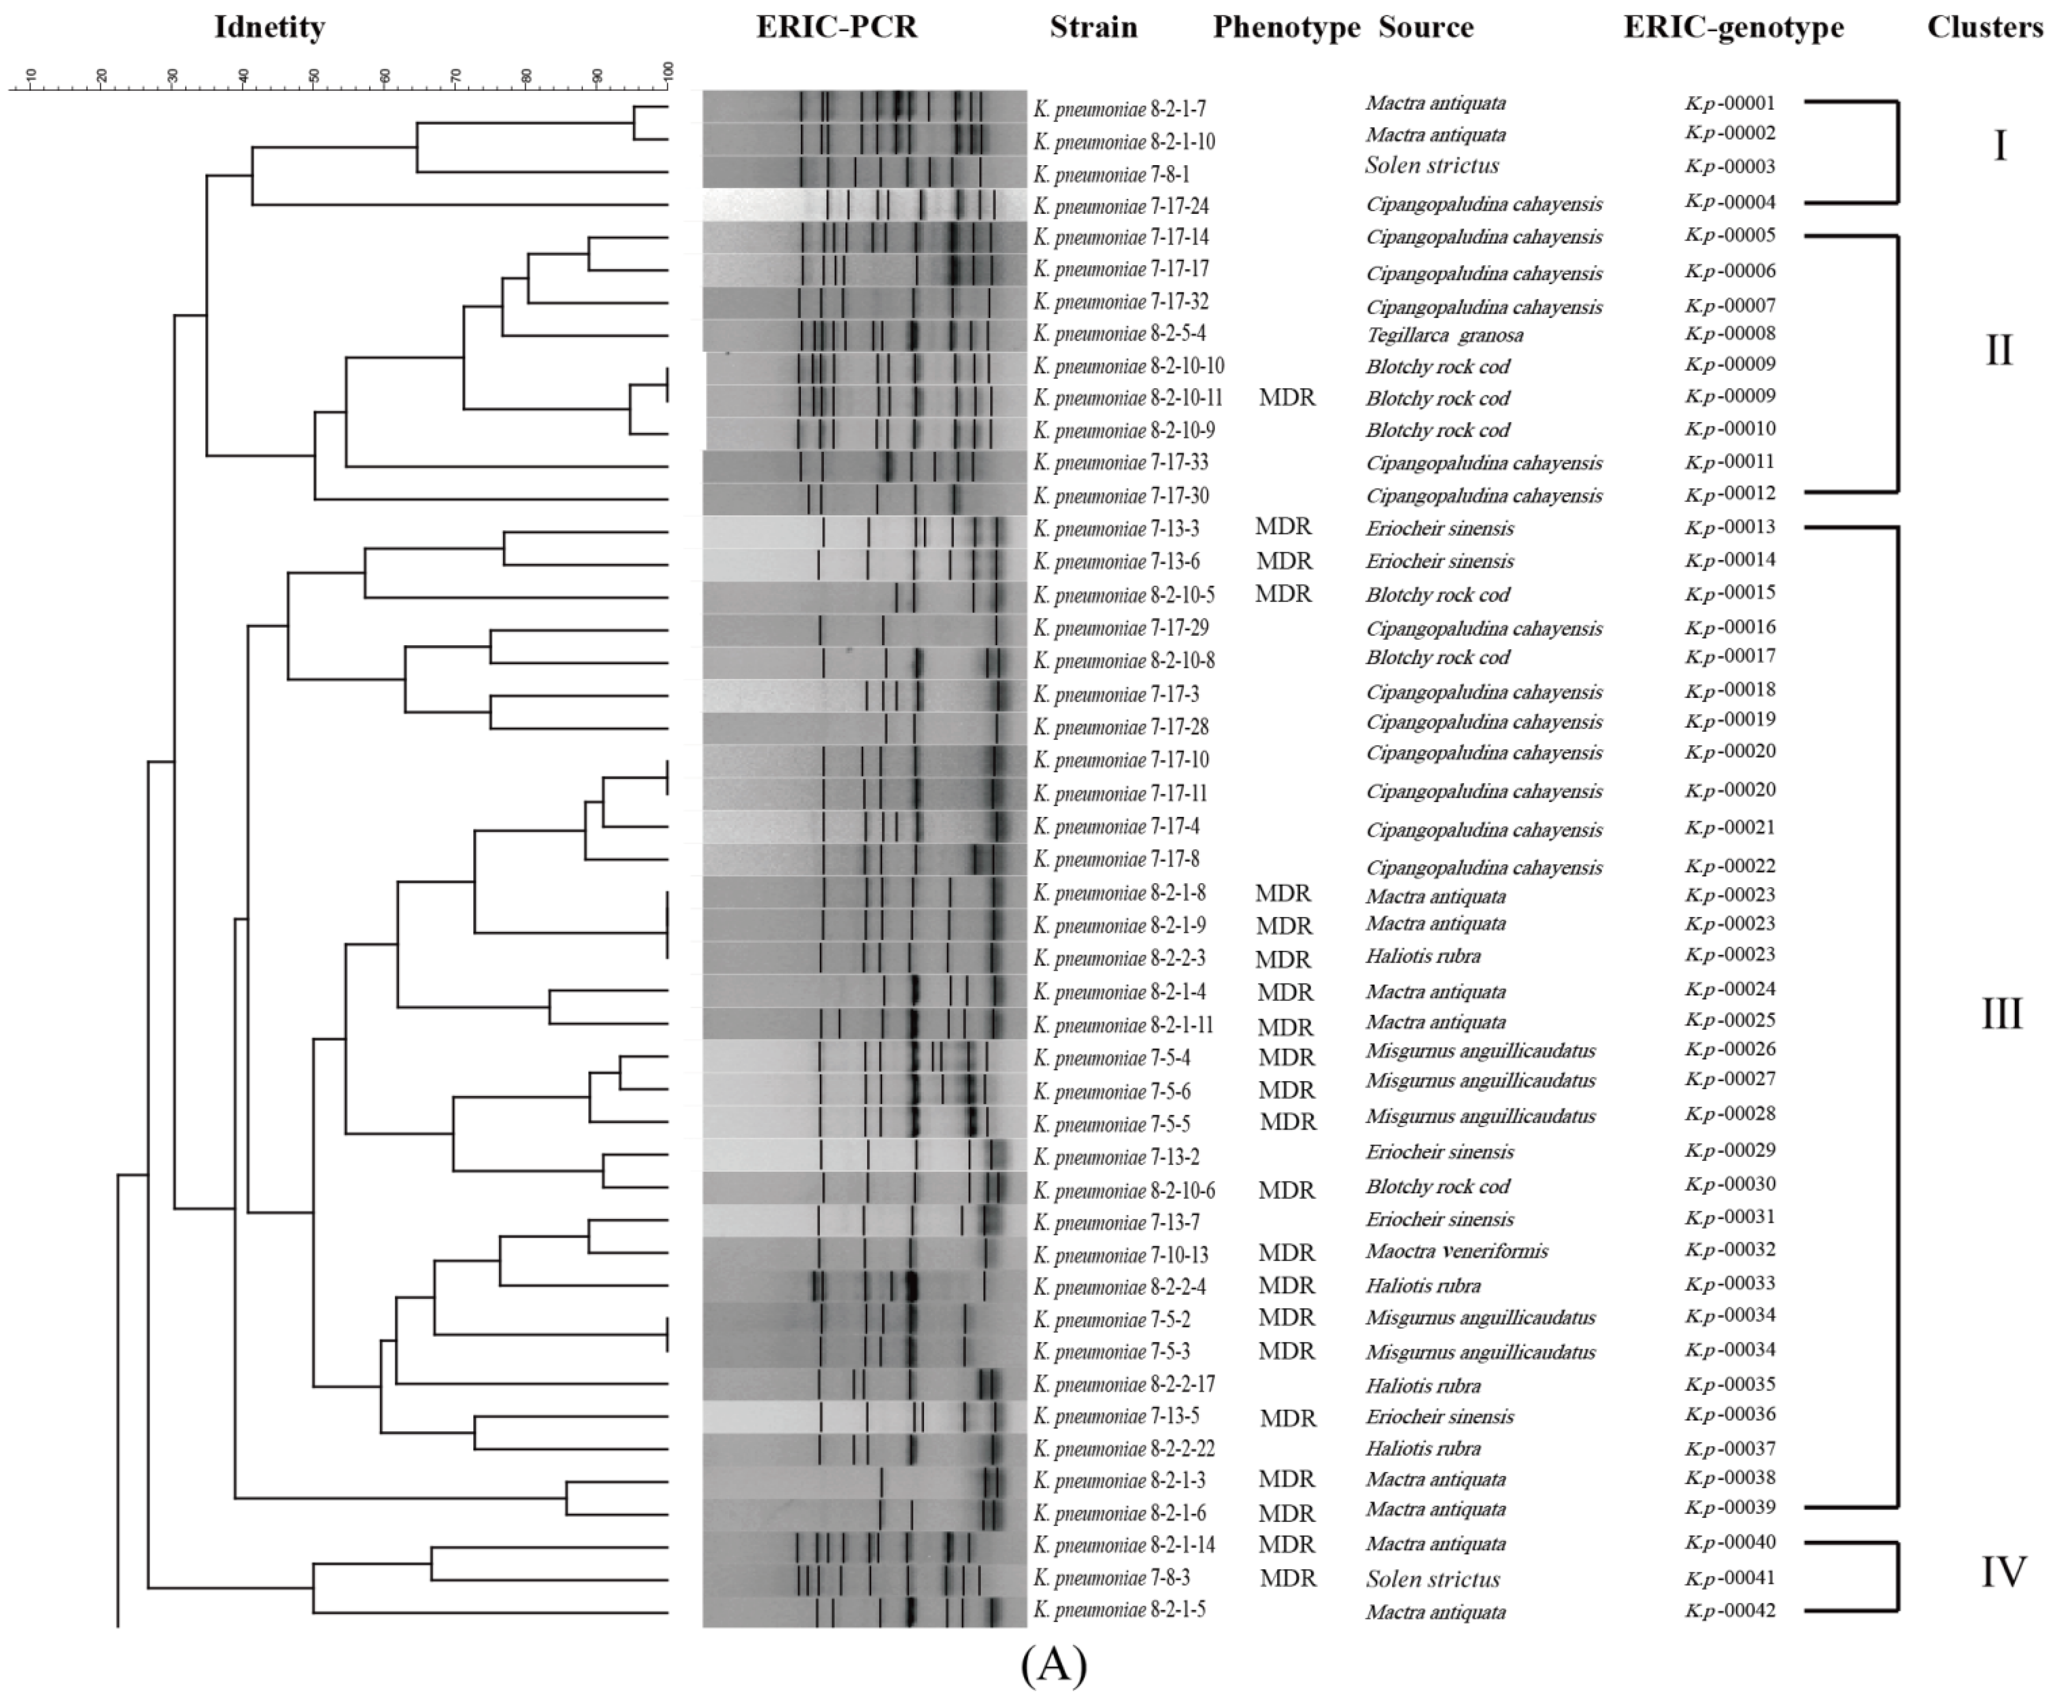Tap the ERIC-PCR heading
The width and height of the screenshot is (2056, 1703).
pos(837,27)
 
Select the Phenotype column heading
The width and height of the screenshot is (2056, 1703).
pos(1286,27)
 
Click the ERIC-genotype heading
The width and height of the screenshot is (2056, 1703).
pos(1733,27)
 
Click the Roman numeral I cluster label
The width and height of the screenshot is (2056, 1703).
pos(2000,147)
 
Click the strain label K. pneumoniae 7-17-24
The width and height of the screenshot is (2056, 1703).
pos(1121,206)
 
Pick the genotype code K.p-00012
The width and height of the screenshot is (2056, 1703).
pos(1730,493)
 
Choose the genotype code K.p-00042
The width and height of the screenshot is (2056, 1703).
pos(1730,1610)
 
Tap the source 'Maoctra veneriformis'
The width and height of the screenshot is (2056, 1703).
pos(1457,1251)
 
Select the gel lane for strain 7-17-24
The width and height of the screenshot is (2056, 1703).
pos(864,205)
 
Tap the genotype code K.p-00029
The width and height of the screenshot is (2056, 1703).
pos(1730,1150)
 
